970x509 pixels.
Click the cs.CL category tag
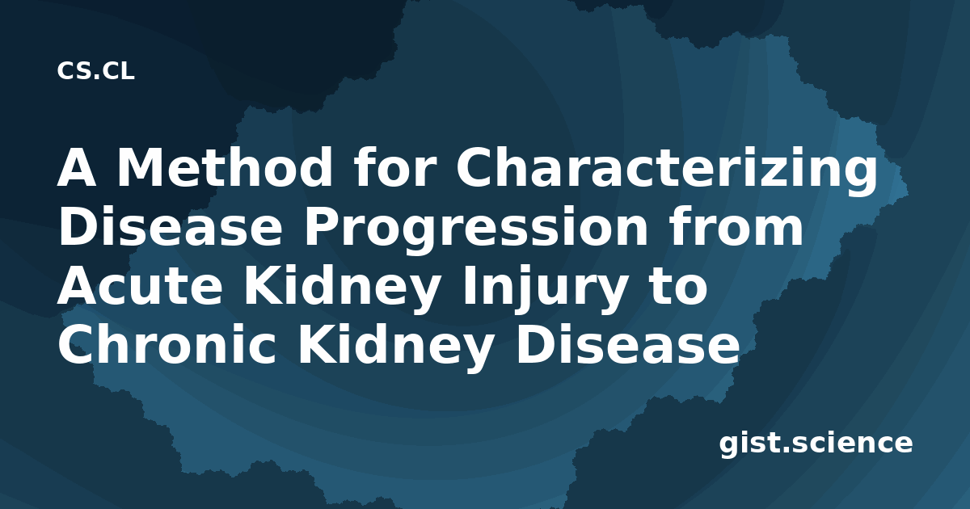(95, 71)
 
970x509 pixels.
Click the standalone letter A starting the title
(76, 167)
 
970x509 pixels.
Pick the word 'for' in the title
(394, 167)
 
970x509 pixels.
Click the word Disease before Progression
(171, 227)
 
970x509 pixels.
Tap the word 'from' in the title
(736, 227)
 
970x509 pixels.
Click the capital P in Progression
(322, 227)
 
